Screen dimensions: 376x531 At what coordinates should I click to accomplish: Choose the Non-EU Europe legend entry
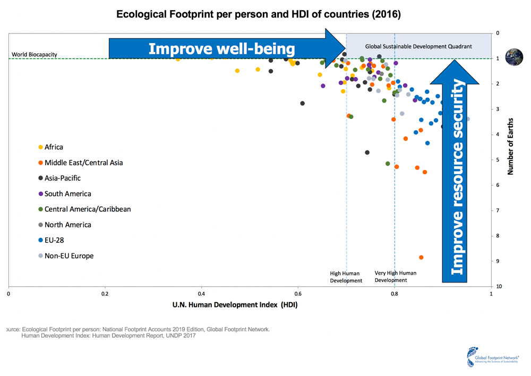[68, 256]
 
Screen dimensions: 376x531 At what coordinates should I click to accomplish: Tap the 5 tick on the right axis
[497, 160]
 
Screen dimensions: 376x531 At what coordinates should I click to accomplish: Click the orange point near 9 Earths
[421, 257]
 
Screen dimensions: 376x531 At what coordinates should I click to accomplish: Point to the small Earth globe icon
[514, 57]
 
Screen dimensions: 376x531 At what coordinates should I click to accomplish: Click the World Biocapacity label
[35, 55]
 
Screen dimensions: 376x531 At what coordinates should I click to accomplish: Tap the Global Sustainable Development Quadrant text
[418, 47]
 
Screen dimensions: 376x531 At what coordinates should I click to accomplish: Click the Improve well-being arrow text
[221, 49]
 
